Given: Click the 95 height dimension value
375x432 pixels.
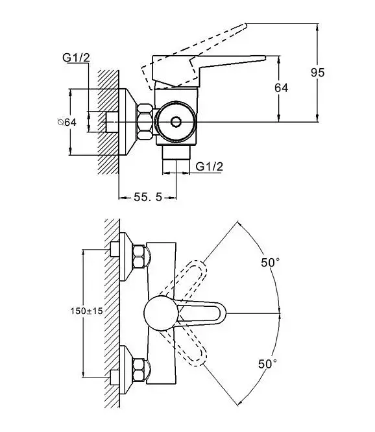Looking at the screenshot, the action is [x=318, y=73].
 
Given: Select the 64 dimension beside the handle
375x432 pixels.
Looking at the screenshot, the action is [x=282, y=88].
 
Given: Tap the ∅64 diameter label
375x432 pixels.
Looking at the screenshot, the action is [x=67, y=122].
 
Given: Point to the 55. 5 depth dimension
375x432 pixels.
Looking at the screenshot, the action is [x=148, y=197].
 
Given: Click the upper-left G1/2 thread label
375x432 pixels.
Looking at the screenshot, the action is [x=76, y=58].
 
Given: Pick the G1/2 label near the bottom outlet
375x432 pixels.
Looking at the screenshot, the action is [x=209, y=167].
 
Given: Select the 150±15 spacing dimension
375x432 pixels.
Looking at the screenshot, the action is [x=86, y=311].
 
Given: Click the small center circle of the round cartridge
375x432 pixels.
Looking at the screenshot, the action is [x=176, y=121].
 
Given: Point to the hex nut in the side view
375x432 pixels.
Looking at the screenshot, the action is [x=145, y=121].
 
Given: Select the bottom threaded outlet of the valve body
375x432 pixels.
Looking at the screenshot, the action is [x=176, y=152].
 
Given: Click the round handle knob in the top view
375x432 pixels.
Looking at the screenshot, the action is [x=161, y=313].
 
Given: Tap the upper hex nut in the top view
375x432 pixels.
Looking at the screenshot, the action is [x=139, y=256].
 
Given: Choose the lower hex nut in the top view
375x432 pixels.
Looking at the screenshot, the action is [x=139, y=370].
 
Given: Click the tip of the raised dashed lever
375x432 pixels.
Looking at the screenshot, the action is [x=246, y=25].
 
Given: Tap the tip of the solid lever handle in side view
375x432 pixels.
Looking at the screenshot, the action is [x=265, y=58].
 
